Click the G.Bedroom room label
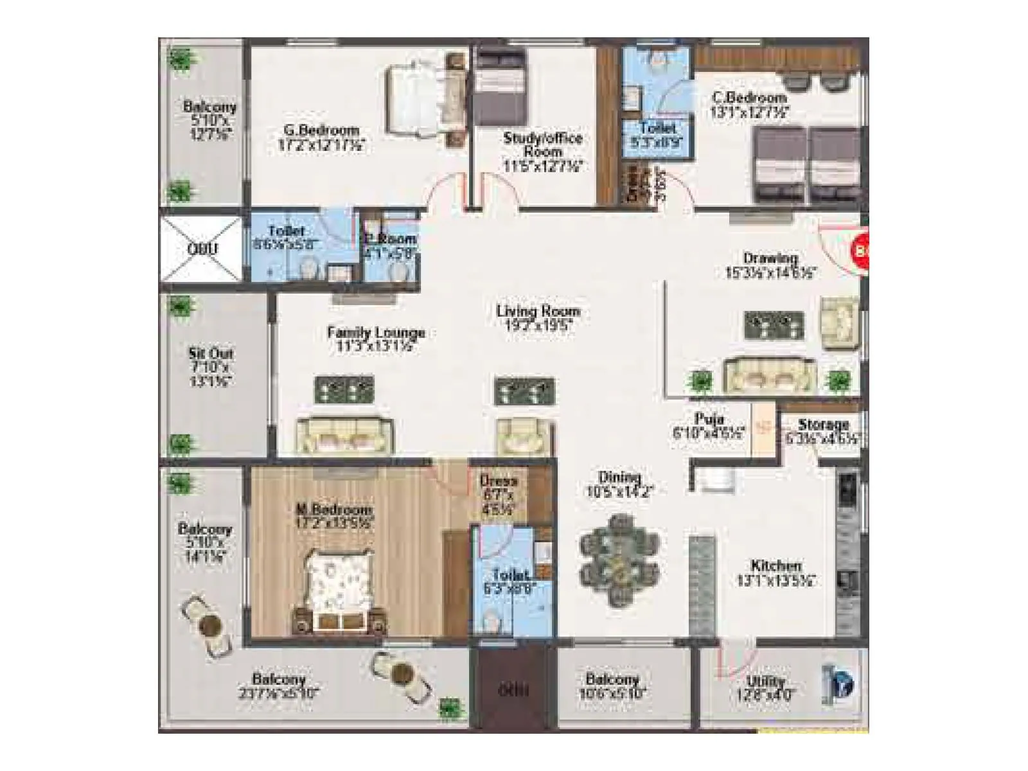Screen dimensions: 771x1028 click(321, 130)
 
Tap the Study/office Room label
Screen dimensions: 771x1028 click(543, 145)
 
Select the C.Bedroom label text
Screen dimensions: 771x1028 click(749, 98)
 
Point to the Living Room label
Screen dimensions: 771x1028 click(538, 312)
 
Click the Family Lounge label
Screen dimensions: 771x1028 click(376, 333)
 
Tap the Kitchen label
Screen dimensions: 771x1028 click(776, 566)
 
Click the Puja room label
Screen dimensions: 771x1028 click(709, 420)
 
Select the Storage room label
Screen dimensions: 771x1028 click(823, 425)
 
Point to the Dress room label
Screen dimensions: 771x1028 click(498, 481)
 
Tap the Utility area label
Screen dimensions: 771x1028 click(766, 682)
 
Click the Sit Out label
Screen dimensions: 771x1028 click(211, 353)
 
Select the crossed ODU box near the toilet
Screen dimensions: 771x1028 click(201, 248)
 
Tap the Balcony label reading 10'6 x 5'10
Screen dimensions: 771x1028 click(612, 679)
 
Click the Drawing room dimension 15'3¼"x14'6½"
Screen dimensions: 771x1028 click(770, 272)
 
